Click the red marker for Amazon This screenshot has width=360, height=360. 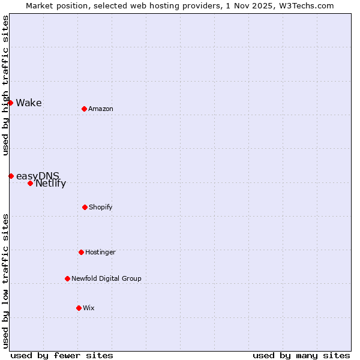pyautogui.click(x=84, y=109)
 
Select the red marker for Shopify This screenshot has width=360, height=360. pyautogui.click(x=85, y=207)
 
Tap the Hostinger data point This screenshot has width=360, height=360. pyautogui.click(x=81, y=252)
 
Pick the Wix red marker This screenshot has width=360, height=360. pyautogui.click(x=79, y=308)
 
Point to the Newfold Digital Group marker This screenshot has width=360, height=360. pyautogui.click(x=67, y=278)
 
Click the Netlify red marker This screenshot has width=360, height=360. pyautogui.click(x=30, y=183)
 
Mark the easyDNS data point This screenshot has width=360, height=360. pyautogui.click(x=11, y=176)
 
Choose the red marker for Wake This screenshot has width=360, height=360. pyautogui.click(x=10, y=103)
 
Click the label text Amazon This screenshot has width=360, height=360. pyautogui.click(x=101, y=109)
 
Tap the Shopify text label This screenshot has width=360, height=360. pyautogui.click(x=101, y=207)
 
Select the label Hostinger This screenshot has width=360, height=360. pyautogui.click(x=100, y=252)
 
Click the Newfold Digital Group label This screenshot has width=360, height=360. pyautogui.click(x=107, y=278)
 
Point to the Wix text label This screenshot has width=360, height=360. pyautogui.click(x=89, y=308)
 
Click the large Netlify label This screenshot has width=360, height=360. pyautogui.click(x=50, y=184)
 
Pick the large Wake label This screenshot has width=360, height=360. pyautogui.click(x=29, y=103)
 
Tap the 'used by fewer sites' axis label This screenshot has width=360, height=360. pyautogui.click(x=62, y=355)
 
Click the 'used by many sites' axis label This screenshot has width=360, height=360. pyautogui.click(x=301, y=355)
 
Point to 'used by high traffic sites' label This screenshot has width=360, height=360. pyautogui.click(x=5, y=85)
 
